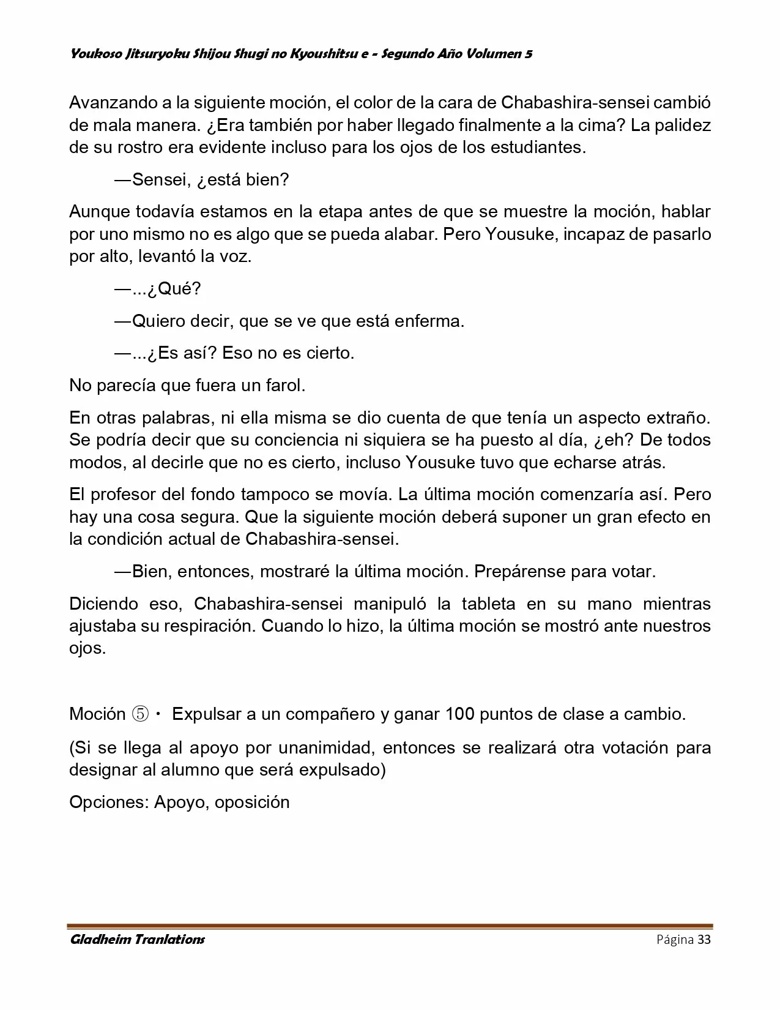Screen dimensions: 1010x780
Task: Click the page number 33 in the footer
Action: point(704,940)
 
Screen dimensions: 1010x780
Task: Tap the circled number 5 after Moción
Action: point(140,714)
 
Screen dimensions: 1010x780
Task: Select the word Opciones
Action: point(109,802)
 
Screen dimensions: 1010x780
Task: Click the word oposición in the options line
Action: point(251,802)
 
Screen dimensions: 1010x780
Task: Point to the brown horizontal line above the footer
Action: point(390,926)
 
